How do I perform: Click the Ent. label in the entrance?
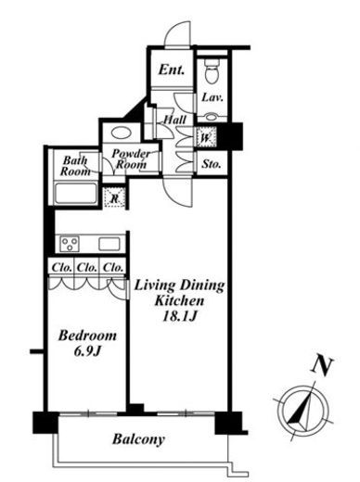coord(172,70)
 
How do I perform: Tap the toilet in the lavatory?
coord(212,71)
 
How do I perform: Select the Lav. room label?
coord(212,97)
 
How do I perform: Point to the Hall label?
coord(174,120)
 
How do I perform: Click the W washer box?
coord(206,137)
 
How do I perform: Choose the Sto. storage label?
coord(212,164)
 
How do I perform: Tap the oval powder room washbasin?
coord(122,133)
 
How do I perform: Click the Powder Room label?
coord(131,159)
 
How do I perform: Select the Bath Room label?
coord(75,166)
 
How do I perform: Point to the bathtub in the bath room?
coord(76,194)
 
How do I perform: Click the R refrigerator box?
coord(115,197)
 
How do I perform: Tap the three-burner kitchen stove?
coord(70,244)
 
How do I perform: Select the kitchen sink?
coord(109,244)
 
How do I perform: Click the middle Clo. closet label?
coord(87,267)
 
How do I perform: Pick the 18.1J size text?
coord(180,316)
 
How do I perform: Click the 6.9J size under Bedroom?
coord(88,351)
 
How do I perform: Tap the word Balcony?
coord(138,439)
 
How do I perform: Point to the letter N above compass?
coord(322,367)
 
